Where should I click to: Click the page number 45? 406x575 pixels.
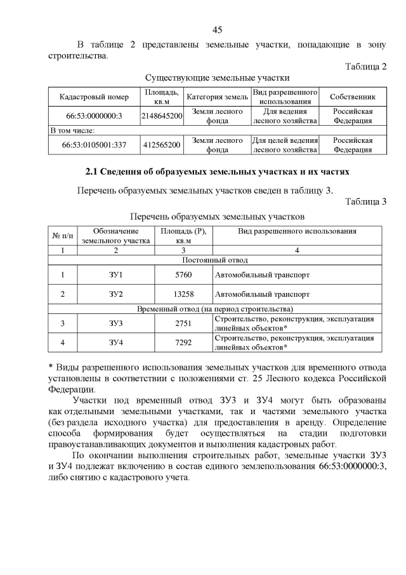click(x=217, y=30)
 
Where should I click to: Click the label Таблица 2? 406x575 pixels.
click(x=365, y=67)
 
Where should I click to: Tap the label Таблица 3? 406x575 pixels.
click(x=365, y=202)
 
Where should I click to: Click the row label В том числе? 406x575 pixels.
click(x=73, y=130)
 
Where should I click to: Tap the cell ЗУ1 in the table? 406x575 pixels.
click(x=115, y=275)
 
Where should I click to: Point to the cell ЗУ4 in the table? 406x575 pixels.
click(x=115, y=343)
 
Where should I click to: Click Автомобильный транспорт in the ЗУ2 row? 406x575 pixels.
click(x=263, y=295)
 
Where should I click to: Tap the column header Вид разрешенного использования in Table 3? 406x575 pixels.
click(x=297, y=231)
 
